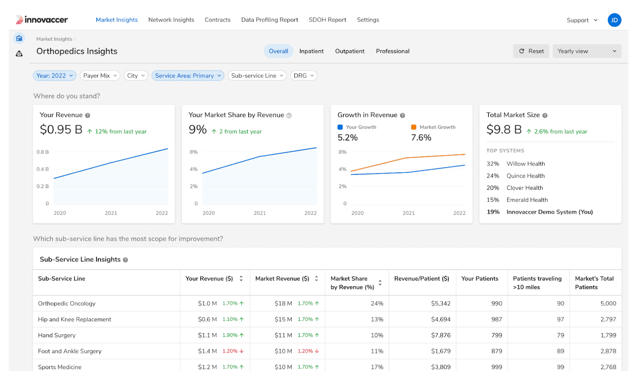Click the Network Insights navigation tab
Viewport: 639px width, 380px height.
coord(171,20)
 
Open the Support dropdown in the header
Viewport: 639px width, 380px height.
coord(581,20)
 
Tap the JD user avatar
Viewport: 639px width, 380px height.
coord(614,20)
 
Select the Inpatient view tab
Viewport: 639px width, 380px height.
coord(311,51)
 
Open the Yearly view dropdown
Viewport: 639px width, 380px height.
coord(586,51)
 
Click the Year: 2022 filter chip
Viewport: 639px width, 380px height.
coord(54,75)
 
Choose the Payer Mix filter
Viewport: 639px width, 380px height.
coord(100,75)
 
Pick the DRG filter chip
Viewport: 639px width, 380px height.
coord(304,75)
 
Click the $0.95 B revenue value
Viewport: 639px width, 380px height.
coord(61,130)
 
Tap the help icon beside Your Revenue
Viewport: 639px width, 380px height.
coord(87,115)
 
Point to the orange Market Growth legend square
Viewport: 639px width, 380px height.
coord(414,127)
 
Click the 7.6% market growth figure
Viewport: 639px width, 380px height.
coord(421,138)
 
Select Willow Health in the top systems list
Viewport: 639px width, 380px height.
coord(526,164)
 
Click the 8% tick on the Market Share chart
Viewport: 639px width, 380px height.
coord(194,152)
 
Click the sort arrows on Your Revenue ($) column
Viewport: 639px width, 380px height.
coord(241,279)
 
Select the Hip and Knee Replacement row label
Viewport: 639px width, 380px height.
coord(75,319)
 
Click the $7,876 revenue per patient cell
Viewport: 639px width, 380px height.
coord(441,335)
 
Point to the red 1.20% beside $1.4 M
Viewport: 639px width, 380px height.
coord(230,351)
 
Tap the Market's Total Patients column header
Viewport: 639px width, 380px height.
coord(594,283)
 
